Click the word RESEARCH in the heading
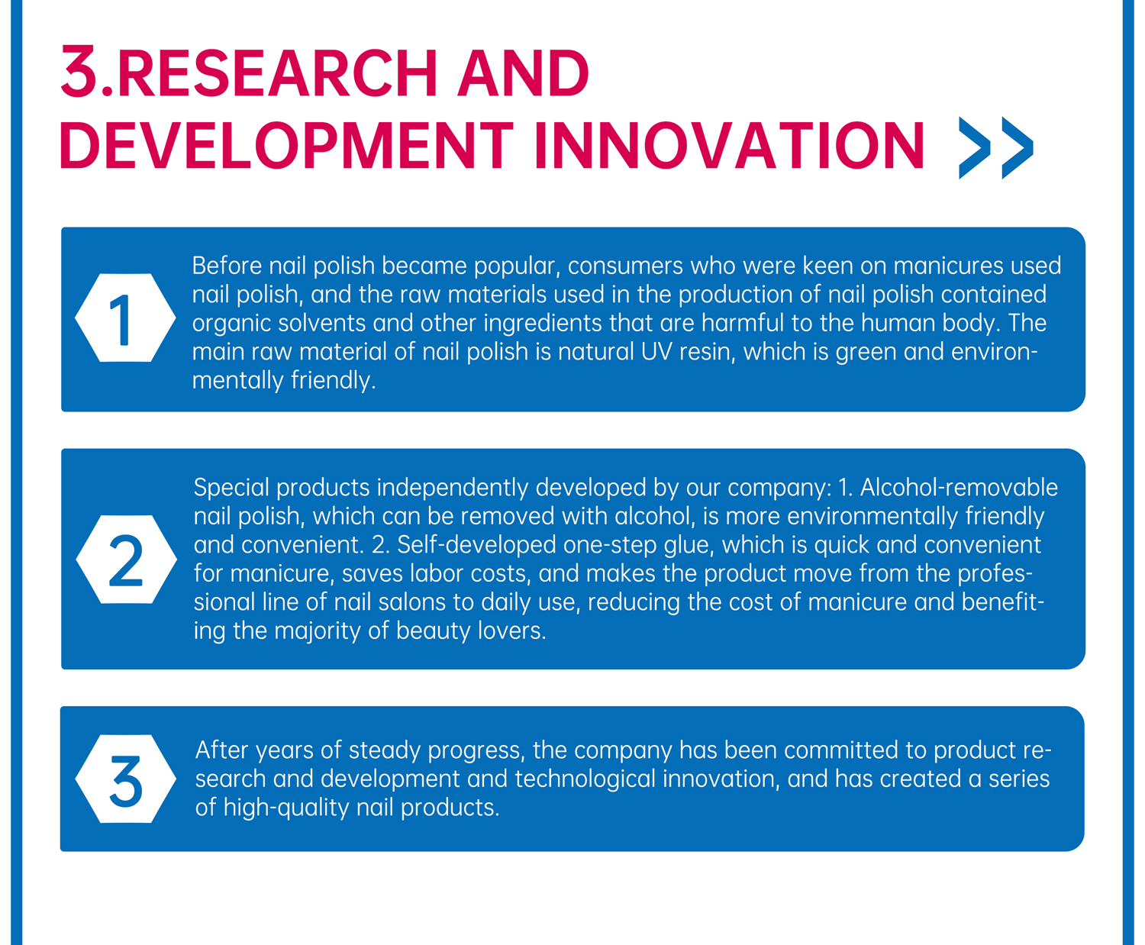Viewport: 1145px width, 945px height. pos(276,73)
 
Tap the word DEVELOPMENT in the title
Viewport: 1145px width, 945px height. pos(286,145)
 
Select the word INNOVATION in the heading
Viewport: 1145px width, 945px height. pos(729,145)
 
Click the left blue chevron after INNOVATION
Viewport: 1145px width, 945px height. pos(975,147)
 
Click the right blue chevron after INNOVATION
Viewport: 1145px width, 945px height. pos(1018,147)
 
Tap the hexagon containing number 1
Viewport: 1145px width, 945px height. pos(125,318)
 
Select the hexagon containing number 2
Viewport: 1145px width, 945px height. pos(126,559)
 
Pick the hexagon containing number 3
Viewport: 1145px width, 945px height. pos(126,779)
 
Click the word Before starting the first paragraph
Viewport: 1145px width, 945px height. pos(227,266)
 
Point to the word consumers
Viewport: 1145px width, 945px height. pos(625,266)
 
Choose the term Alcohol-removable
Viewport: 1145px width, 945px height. pos(959,487)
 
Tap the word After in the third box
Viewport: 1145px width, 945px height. pos(221,750)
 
